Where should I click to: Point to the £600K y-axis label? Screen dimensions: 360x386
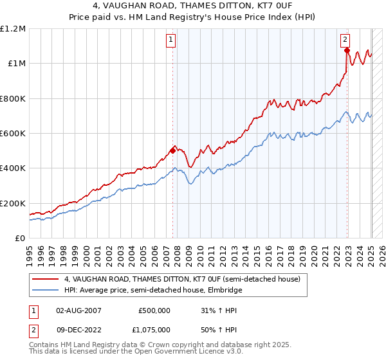(12, 134)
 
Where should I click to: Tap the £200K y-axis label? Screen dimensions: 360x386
(12, 203)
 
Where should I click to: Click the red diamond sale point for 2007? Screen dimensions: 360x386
(172, 151)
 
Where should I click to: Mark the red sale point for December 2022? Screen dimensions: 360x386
(347, 50)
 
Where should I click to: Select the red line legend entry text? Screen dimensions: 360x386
(182, 279)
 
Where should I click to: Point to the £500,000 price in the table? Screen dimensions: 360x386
(154, 310)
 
